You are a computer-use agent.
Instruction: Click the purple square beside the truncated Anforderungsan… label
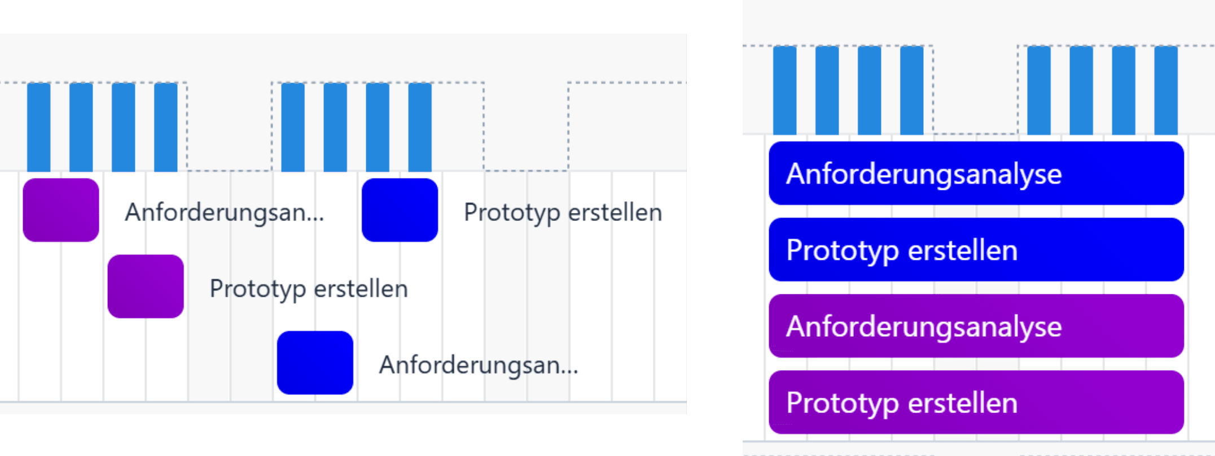pyautogui.click(x=61, y=210)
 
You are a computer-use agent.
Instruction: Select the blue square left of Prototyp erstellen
pyautogui.click(x=400, y=210)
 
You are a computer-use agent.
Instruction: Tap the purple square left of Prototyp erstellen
pyautogui.click(x=146, y=286)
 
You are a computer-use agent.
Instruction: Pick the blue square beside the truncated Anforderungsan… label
pyautogui.click(x=315, y=363)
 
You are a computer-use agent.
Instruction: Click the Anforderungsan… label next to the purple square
pyautogui.click(x=224, y=213)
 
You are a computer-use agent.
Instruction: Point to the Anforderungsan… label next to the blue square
pyautogui.click(x=478, y=366)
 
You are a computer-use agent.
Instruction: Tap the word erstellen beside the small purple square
pyautogui.click(x=361, y=289)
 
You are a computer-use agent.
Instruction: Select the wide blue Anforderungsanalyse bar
pyautogui.click(x=976, y=173)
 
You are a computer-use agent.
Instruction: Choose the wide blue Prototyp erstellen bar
pyautogui.click(x=976, y=249)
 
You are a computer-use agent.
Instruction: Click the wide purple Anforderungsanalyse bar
pyautogui.click(x=976, y=325)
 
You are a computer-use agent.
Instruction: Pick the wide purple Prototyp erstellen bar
pyautogui.click(x=976, y=402)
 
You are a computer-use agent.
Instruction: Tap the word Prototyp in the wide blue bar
pyautogui.click(x=842, y=250)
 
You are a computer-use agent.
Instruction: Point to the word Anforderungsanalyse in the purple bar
pyautogui.click(x=924, y=327)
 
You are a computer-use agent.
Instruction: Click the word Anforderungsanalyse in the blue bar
pyautogui.click(x=924, y=174)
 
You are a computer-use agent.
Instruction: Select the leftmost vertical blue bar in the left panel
pyautogui.click(x=38, y=127)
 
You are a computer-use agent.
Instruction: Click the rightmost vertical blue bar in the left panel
pyautogui.click(x=420, y=127)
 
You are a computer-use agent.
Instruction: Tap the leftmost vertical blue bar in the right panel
pyautogui.click(x=784, y=90)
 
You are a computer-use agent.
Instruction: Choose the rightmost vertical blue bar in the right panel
pyautogui.click(x=1166, y=90)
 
